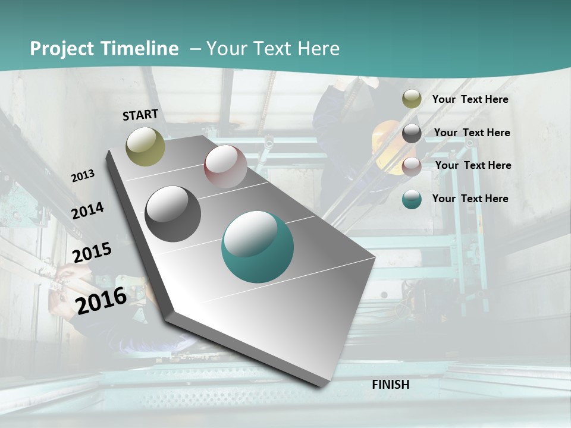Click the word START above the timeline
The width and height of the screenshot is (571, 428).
coord(140,114)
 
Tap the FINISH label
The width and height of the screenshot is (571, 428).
coord(390,385)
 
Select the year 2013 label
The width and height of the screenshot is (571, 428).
coord(83,176)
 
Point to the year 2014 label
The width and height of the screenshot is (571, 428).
coord(87,210)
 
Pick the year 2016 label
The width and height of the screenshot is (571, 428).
coord(101,300)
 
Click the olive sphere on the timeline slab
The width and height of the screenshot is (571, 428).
coord(145,146)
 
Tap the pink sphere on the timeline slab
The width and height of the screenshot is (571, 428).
coord(225,166)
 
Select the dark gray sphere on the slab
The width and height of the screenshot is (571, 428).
coord(173,213)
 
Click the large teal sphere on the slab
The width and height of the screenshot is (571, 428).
coord(258,246)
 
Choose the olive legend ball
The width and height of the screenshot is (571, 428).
coord(412,99)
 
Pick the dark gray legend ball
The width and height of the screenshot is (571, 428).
coord(412,133)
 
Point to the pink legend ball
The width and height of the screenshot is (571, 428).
coord(412,166)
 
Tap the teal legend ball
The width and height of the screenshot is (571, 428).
coord(412,199)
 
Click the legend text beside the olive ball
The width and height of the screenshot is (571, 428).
coord(470,99)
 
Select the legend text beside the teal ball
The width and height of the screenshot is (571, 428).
coord(470,199)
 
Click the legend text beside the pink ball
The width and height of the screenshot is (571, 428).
coord(473,165)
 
